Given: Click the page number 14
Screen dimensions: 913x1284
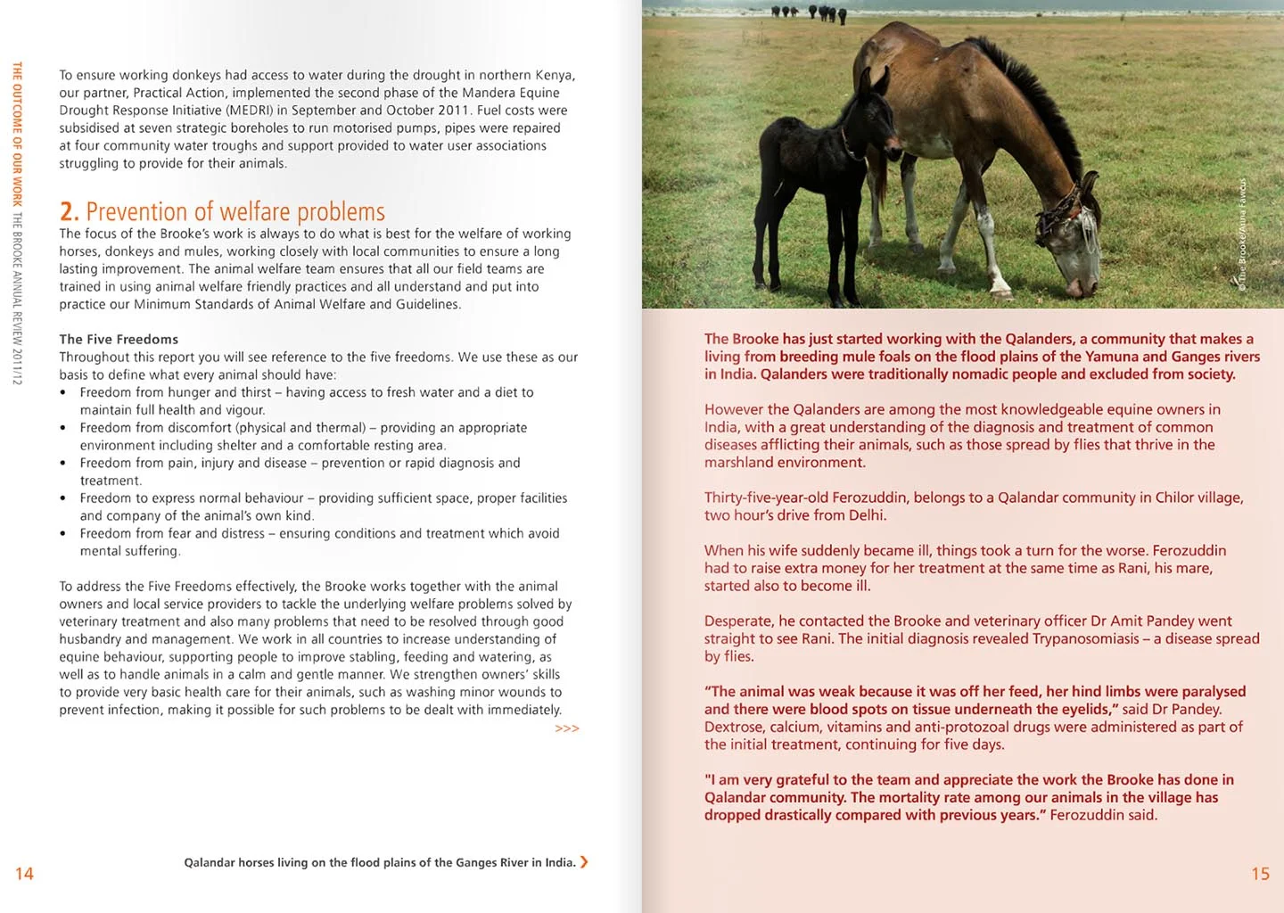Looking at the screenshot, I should (x=24, y=874).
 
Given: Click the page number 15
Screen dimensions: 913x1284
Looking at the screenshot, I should (x=1260, y=874).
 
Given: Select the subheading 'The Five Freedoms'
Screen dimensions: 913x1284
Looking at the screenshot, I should (x=119, y=339).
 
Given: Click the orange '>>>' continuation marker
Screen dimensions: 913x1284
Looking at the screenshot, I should (x=567, y=728).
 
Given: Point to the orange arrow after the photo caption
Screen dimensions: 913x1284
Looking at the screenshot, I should (x=584, y=862).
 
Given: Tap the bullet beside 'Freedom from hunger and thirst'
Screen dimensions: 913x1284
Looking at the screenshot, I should (x=62, y=393).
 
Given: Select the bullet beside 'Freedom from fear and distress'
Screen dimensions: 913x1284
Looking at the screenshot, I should (x=62, y=534).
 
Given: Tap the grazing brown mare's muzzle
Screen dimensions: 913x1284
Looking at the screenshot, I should (x=1080, y=285).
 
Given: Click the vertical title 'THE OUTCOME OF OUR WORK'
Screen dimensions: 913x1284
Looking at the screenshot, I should (x=17, y=134).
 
